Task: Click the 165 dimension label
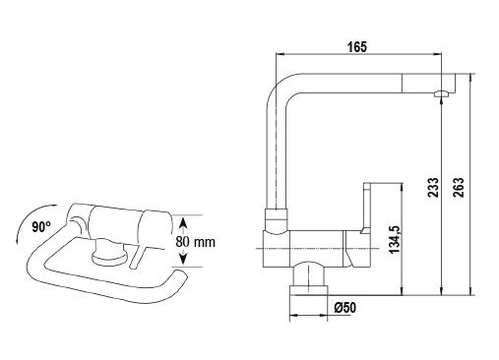pos(357,47)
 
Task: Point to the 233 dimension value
pos(433,187)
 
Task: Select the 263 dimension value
pos(459,187)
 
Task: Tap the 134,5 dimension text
pos(395,239)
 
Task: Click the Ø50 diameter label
pos(344,308)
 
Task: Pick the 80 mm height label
pos(195,242)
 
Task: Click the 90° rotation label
pos(41,227)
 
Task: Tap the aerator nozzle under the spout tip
pos(442,93)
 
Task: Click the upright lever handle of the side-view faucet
pos(366,208)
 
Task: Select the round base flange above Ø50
pos(308,290)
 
